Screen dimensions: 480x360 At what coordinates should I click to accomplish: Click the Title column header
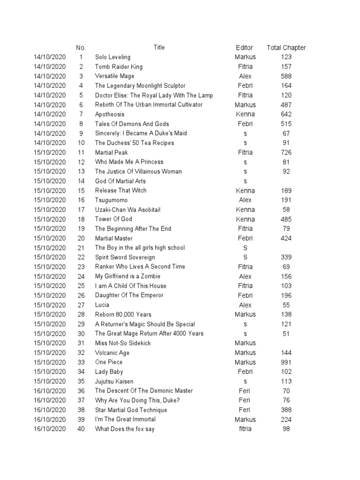pos(159,47)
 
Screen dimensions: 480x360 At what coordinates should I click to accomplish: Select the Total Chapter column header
pos(286,47)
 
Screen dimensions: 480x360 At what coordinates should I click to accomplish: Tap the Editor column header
pos(244,47)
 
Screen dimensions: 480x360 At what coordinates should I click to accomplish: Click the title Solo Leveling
pos(112,57)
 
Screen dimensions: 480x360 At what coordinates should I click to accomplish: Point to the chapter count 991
pos(286,362)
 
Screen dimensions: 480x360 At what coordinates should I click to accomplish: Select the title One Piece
pos(109,362)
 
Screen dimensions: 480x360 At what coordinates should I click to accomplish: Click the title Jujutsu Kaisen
pos(114,382)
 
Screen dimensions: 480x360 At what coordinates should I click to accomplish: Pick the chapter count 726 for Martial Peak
pos(286,152)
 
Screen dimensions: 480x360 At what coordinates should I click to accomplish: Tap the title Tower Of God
pos(113,219)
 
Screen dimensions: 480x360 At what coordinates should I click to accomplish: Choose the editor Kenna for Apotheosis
pos(245,114)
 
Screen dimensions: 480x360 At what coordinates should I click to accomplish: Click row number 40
pos(81,429)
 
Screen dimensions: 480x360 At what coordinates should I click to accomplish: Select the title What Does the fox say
pos(125,429)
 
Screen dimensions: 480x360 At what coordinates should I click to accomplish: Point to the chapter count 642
pos(286,114)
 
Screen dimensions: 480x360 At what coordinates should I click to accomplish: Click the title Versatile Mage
pos(114,76)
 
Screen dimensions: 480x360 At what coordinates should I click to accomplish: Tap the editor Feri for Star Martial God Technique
pos(245,410)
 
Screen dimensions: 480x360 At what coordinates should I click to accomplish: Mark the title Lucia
pos(102,305)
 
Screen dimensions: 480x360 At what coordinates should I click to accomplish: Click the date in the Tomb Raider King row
pos(50,67)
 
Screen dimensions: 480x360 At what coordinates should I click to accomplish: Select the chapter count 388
pos(286,410)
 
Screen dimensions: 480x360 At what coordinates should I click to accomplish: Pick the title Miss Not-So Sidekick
pos(123,343)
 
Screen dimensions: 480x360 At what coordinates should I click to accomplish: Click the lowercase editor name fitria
pos(245,429)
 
